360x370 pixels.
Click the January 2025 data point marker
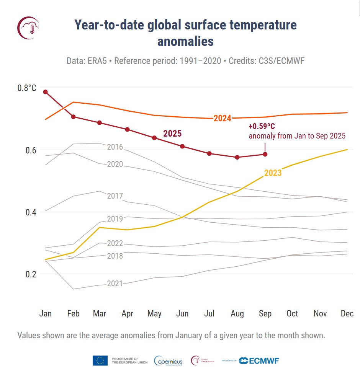[x=46, y=92]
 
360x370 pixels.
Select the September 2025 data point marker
[x=265, y=154]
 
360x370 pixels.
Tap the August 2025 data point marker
[x=237, y=157]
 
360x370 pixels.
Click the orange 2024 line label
[x=222, y=118]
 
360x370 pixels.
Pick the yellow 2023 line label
[x=273, y=173]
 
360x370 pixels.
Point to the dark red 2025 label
[x=172, y=134]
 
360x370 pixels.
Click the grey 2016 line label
[x=115, y=147]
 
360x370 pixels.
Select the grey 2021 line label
[x=115, y=284]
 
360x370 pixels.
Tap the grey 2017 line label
[x=115, y=196]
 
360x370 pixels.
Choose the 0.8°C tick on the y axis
[x=27, y=88]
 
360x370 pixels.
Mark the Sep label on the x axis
[x=265, y=314]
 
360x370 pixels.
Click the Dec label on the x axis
[x=347, y=314]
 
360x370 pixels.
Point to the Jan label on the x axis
[x=46, y=314]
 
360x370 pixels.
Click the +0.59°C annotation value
[x=262, y=127]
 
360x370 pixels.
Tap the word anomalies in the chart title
[x=185, y=41]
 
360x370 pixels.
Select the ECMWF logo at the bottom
[x=259, y=360]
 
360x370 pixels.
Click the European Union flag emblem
[x=100, y=360]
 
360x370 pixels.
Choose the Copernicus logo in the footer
[x=168, y=360]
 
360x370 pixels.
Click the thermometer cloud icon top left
[x=28, y=28]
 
